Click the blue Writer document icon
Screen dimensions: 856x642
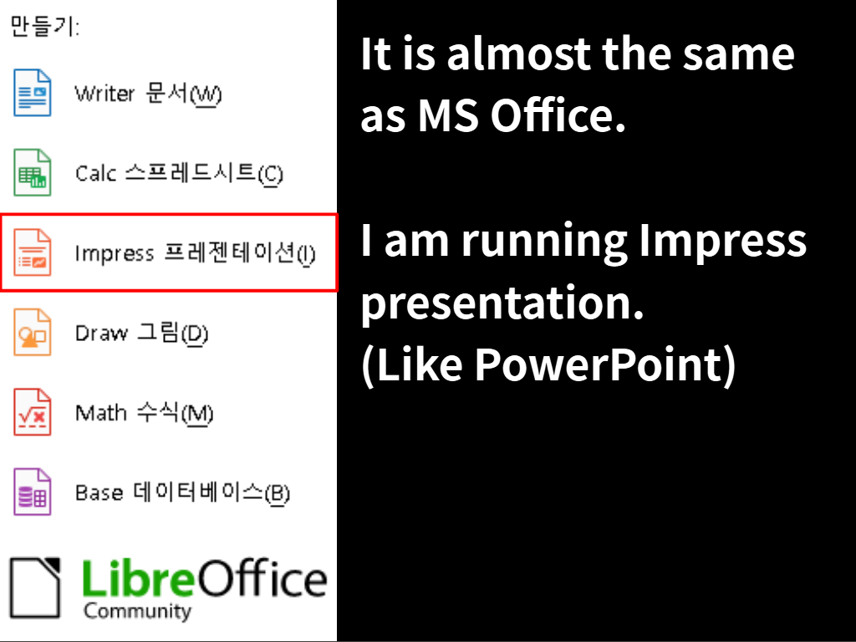coord(33,93)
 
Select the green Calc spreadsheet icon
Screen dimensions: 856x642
coord(33,172)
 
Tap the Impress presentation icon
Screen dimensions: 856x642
coord(33,252)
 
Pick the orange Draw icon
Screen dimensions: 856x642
coord(33,332)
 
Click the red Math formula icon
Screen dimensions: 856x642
coord(33,411)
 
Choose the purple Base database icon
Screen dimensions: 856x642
coord(33,492)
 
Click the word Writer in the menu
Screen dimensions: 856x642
coord(104,94)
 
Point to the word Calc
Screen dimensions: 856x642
coord(95,174)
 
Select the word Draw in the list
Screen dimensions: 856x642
coord(101,333)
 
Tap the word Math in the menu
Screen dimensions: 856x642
coord(100,413)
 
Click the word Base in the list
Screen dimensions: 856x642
coord(99,492)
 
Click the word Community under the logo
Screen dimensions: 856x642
coord(138,611)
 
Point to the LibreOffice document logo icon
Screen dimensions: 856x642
coord(35,588)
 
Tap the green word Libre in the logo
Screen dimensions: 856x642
coord(138,578)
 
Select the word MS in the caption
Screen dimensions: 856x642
coord(448,115)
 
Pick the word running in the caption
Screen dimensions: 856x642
coord(544,242)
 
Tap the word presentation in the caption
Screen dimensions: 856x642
coord(502,303)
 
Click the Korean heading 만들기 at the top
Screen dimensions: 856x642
coord(45,26)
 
